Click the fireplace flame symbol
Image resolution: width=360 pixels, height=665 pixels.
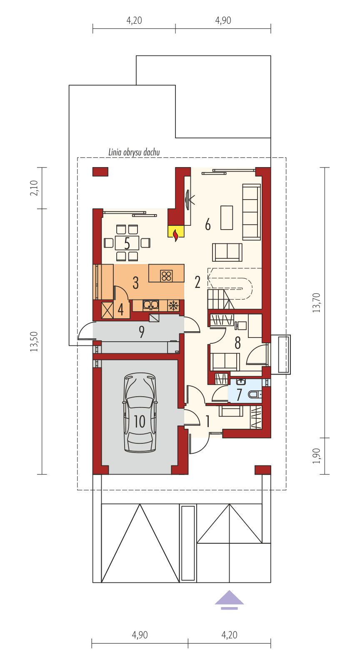(x=176, y=234)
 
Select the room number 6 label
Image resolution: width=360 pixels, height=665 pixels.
(x=207, y=225)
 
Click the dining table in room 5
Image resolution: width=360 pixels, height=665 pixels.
(x=127, y=242)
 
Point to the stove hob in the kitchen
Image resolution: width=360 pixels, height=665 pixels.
(x=166, y=275)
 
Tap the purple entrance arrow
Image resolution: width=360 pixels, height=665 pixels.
(x=229, y=599)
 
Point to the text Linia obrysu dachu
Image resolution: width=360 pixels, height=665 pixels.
(x=134, y=152)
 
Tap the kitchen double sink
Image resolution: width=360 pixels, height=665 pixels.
(x=150, y=305)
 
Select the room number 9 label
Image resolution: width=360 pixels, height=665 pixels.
(x=142, y=332)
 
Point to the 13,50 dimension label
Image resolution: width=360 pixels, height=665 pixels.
(x=34, y=342)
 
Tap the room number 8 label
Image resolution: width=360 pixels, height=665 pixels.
(x=237, y=343)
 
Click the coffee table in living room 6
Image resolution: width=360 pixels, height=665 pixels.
(x=227, y=217)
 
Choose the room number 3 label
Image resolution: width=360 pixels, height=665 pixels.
(x=135, y=282)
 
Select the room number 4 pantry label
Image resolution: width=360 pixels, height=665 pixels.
(x=120, y=310)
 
